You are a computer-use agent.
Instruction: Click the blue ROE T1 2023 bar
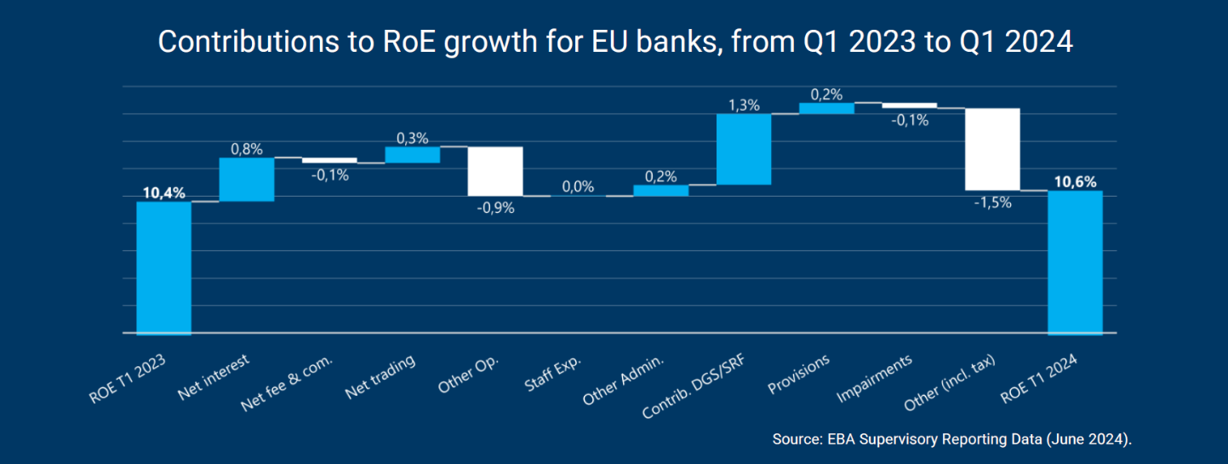tap(163, 267)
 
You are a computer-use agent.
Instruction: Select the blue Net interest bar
tap(247, 180)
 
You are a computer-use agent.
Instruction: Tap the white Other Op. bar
tap(495, 171)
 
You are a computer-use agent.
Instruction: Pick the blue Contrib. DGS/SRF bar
tap(744, 149)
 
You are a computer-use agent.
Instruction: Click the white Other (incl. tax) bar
tap(992, 149)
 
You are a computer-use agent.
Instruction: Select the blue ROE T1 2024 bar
tap(1075, 262)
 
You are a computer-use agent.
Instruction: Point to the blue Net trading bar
tap(413, 154)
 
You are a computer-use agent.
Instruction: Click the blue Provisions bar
tap(826, 108)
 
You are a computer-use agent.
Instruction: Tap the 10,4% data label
tap(163, 193)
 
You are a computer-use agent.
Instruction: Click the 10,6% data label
tap(1075, 181)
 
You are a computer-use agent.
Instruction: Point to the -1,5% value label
tap(992, 203)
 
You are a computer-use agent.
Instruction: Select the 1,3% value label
tap(744, 105)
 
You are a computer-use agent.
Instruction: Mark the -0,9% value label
tap(495, 208)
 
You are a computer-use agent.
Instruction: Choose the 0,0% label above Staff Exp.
tap(578, 186)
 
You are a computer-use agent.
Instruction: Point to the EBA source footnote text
tap(953, 439)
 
